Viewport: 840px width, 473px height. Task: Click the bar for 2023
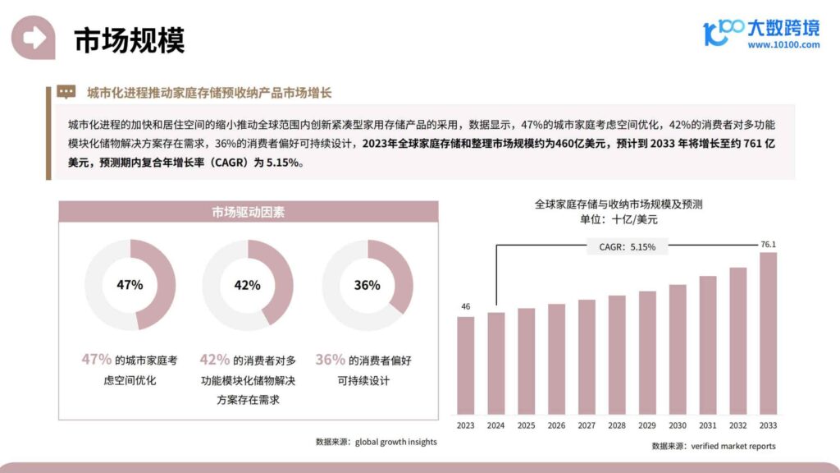(x=466, y=365)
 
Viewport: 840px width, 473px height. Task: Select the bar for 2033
(x=768, y=333)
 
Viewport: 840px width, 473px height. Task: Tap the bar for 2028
(x=617, y=354)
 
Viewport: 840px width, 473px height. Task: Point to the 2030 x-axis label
(x=678, y=425)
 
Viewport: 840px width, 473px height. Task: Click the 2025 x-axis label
(x=526, y=425)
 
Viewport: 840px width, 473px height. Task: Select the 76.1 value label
(x=768, y=244)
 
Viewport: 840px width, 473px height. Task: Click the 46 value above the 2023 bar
(x=466, y=307)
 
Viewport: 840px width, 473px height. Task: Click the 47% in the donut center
(x=130, y=285)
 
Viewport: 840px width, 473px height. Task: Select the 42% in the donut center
(x=248, y=285)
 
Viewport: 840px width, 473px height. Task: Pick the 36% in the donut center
(x=367, y=285)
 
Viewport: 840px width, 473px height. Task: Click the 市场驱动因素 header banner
(x=248, y=213)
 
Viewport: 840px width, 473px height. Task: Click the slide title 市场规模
(x=130, y=40)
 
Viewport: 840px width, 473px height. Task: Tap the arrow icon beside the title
(x=34, y=38)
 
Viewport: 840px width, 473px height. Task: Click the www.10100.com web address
(x=783, y=45)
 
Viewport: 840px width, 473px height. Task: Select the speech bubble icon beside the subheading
(x=66, y=92)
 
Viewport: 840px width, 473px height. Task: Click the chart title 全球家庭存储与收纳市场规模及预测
(x=619, y=204)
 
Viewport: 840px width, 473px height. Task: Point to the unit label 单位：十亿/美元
(x=619, y=220)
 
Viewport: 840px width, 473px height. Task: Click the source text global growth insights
(x=396, y=442)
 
